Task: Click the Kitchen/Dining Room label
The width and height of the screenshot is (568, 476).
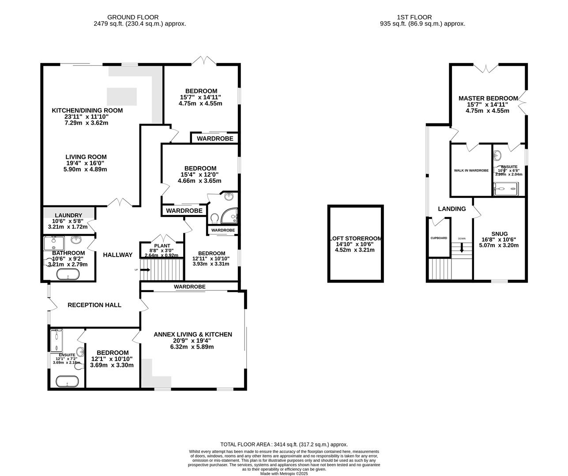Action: [x=87, y=110]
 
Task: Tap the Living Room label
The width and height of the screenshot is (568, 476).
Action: [x=86, y=157]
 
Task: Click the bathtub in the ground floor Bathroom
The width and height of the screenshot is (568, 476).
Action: [x=68, y=275]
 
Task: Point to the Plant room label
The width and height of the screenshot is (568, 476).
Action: [x=162, y=246]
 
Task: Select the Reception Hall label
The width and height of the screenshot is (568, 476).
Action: [x=94, y=305]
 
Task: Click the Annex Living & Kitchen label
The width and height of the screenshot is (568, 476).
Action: [x=192, y=335]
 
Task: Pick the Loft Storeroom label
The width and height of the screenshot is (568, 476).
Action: [x=356, y=238]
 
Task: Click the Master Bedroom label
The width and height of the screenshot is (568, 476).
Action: [x=488, y=98]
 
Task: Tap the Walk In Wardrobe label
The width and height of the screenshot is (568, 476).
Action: [x=471, y=171]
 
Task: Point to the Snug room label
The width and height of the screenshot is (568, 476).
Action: [x=499, y=234]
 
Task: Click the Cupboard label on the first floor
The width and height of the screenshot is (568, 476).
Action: [x=439, y=238]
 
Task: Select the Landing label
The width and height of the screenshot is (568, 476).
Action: [x=451, y=209]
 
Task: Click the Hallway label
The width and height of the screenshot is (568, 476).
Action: [x=117, y=255]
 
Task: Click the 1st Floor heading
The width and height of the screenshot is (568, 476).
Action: [x=422, y=17]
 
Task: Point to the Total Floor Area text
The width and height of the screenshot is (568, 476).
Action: [x=284, y=445]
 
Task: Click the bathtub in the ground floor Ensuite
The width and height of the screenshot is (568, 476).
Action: [x=66, y=381]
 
